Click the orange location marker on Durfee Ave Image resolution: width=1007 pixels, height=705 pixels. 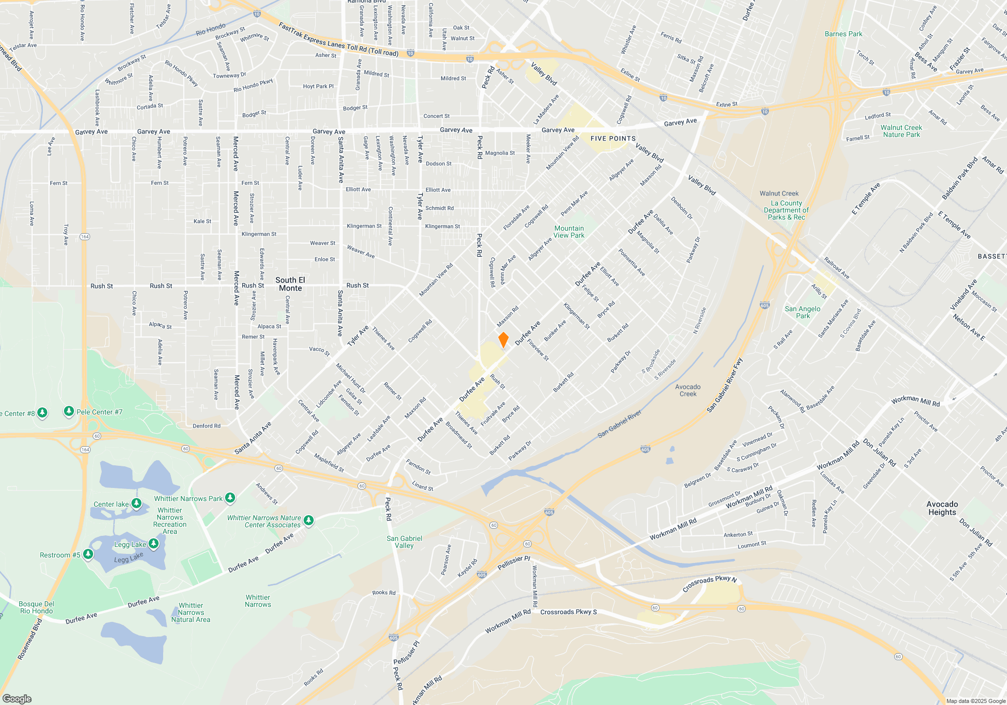(x=503, y=340)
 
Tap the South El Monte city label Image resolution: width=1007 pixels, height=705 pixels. (x=290, y=284)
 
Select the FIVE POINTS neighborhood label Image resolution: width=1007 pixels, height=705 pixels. (x=613, y=138)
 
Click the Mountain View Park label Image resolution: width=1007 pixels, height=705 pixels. (x=569, y=232)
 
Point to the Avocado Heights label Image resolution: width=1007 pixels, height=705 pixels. (x=942, y=508)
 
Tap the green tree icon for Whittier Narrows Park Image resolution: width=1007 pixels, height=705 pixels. (x=230, y=498)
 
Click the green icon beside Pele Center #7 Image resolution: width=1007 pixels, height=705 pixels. (x=69, y=411)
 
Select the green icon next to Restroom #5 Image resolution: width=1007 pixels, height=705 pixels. (x=88, y=554)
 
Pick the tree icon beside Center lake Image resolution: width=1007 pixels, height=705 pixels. (x=136, y=503)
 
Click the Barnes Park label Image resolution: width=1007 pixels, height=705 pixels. (x=843, y=34)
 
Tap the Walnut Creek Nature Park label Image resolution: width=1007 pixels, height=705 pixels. (x=901, y=131)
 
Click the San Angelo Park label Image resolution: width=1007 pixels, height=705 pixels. (x=803, y=312)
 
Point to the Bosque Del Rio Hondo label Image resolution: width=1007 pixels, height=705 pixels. (x=36, y=607)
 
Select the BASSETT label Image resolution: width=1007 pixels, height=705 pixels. (x=991, y=256)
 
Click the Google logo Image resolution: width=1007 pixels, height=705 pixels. (x=17, y=698)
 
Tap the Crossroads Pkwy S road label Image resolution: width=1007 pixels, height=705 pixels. (x=568, y=612)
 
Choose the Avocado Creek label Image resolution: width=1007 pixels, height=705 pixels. (x=688, y=390)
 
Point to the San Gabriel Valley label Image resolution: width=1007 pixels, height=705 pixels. (x=404, y=542)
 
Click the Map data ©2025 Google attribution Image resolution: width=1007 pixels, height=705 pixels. (x=975, y=701)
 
